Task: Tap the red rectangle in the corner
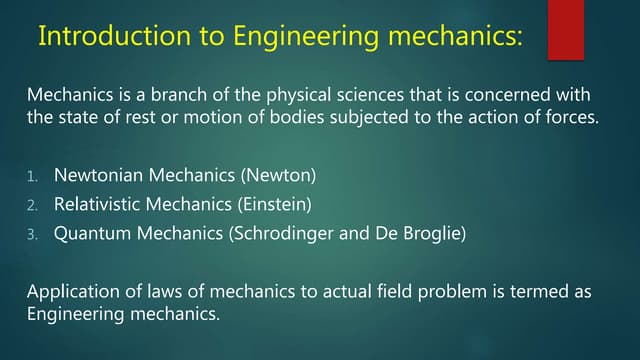coord(565,28)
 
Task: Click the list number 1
coord(32,177)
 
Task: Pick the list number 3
coord(32,235)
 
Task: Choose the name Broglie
coord(430,234)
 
